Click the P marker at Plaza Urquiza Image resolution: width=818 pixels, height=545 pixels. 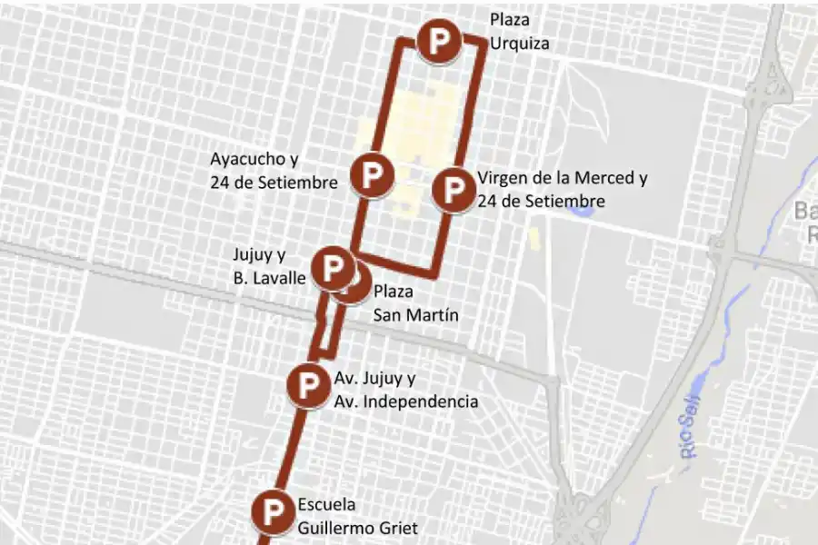pos(438,41)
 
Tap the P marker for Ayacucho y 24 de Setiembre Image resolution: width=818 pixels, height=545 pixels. pos(372,175)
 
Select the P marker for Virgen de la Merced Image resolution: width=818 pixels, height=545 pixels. pos(452,191)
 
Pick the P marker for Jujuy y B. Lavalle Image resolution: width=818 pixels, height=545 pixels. pos(333,268)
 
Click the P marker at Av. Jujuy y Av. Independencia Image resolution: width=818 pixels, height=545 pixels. pos(307,383)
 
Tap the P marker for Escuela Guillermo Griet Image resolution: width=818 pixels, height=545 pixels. pos(272,511)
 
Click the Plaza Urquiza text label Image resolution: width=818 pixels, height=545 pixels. pos(519,31)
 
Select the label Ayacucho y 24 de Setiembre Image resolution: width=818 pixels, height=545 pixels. pos(274,170)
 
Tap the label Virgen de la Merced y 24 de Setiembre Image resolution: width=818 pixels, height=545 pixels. pos(562,189)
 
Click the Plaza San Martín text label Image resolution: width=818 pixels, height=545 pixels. pos(415,303)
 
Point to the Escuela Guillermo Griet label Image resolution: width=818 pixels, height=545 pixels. pos(357,516)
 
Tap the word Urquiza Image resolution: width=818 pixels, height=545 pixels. pos(519,43)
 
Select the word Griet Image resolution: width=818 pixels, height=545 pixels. pos(399,528)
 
